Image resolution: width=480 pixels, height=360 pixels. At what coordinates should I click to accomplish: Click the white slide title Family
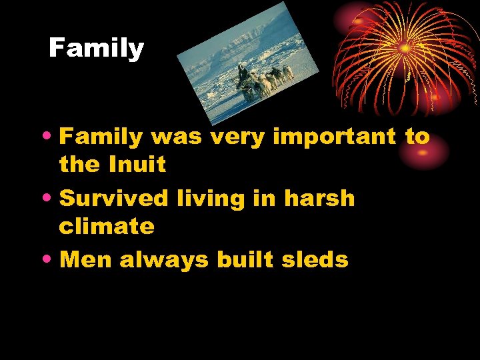[x=97, y=49]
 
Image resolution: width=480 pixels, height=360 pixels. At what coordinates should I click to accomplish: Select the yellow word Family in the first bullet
[x=101, y=137]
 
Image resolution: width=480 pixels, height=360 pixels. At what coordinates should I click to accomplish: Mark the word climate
[x=107, y=227]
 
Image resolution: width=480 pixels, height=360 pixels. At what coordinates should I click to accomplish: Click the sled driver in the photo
[x=242, y=73]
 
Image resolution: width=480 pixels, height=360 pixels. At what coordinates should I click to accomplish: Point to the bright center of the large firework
[x=405, y=48]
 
